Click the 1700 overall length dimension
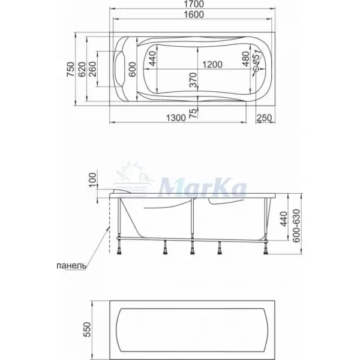(194, 4)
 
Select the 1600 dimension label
(194, 14)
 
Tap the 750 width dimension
(71, 70)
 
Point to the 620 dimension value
(82, 70)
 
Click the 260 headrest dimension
(92, 70)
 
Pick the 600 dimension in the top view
(132, 70)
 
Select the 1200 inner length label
(212, 65)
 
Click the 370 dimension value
(193, 80)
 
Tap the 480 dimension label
(245, 59)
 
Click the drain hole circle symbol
(256, 68)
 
